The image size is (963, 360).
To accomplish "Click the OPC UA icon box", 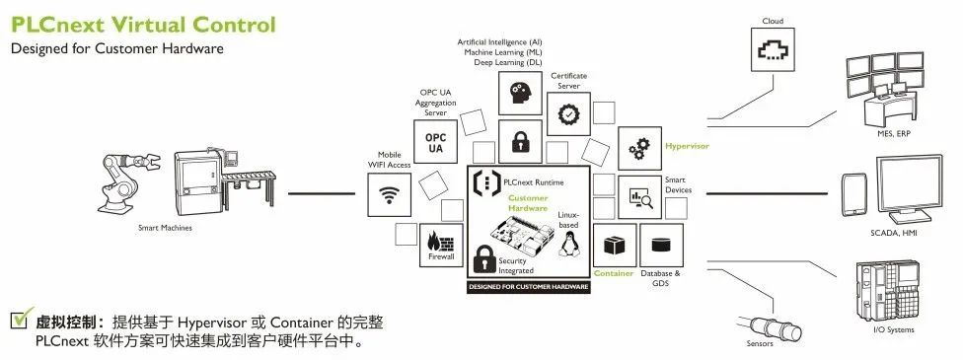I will pos(435,141).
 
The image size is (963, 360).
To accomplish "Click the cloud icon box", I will pos(773,50).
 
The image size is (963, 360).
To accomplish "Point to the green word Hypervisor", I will pos(687,146).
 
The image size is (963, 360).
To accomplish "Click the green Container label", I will pos(613,273).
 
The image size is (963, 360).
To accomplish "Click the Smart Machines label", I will pos(164,228).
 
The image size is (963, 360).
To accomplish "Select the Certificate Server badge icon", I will pos(569,113).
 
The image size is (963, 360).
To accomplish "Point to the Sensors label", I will pos(760,343).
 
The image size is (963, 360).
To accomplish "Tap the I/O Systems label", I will pos(893,329).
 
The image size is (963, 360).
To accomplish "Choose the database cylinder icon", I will pos(661,243).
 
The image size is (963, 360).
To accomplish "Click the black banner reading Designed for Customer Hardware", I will pos(529,287).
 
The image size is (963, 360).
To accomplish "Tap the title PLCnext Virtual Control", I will pos(143,24).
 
